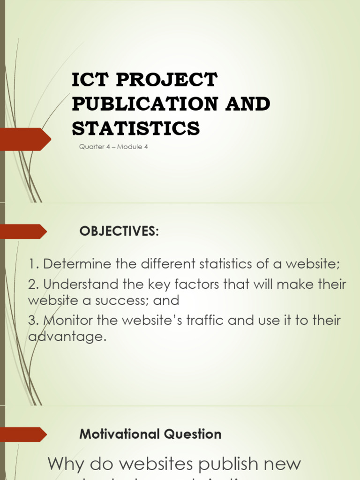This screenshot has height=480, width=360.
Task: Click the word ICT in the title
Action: pyautogui.click(x=90, y=81)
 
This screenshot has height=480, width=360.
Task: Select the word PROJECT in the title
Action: pyautogui.click(x=166, y=81)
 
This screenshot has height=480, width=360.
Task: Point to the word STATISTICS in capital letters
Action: pyautogui.click(x=135, y=127)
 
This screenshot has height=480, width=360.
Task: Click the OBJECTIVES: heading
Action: pyautogui.click(x=120, y=231)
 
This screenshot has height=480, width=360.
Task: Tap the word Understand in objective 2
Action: pyautogui.click(x=78, y=284)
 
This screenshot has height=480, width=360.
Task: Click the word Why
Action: pyautogui.click(x=66, y=464)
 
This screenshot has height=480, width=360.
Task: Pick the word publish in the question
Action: pyautogui.click(x=223, y=464)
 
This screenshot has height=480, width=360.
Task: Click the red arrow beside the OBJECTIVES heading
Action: pyautogui.click(x=23, y=231)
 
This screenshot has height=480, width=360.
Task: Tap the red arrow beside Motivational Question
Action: pyautogui.click(x=23, y=434)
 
